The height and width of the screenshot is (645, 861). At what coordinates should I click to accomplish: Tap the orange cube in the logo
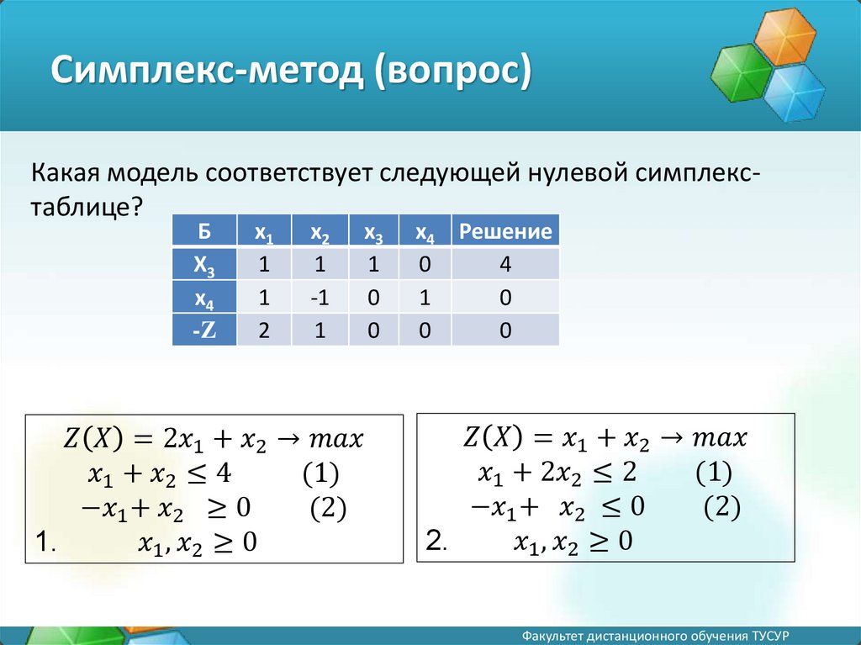tap(784, 35)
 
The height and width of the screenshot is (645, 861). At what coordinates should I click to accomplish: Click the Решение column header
tap(505, 230)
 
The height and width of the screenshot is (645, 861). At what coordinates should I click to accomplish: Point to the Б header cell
tap(204, 230)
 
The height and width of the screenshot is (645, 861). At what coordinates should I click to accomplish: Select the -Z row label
tap(204, 330)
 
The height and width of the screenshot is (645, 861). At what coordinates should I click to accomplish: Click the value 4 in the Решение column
tap(505, 264)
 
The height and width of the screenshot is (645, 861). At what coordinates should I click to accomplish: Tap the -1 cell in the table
tap(320, 297)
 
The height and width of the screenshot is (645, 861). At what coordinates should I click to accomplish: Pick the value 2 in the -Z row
tap(264, 330)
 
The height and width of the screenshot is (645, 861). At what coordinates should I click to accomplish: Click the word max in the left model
tap(336, 439)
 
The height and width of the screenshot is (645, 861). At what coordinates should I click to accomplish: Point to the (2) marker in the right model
tap(721, 506)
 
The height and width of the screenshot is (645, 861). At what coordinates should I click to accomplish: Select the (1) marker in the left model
tap(320, 473)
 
